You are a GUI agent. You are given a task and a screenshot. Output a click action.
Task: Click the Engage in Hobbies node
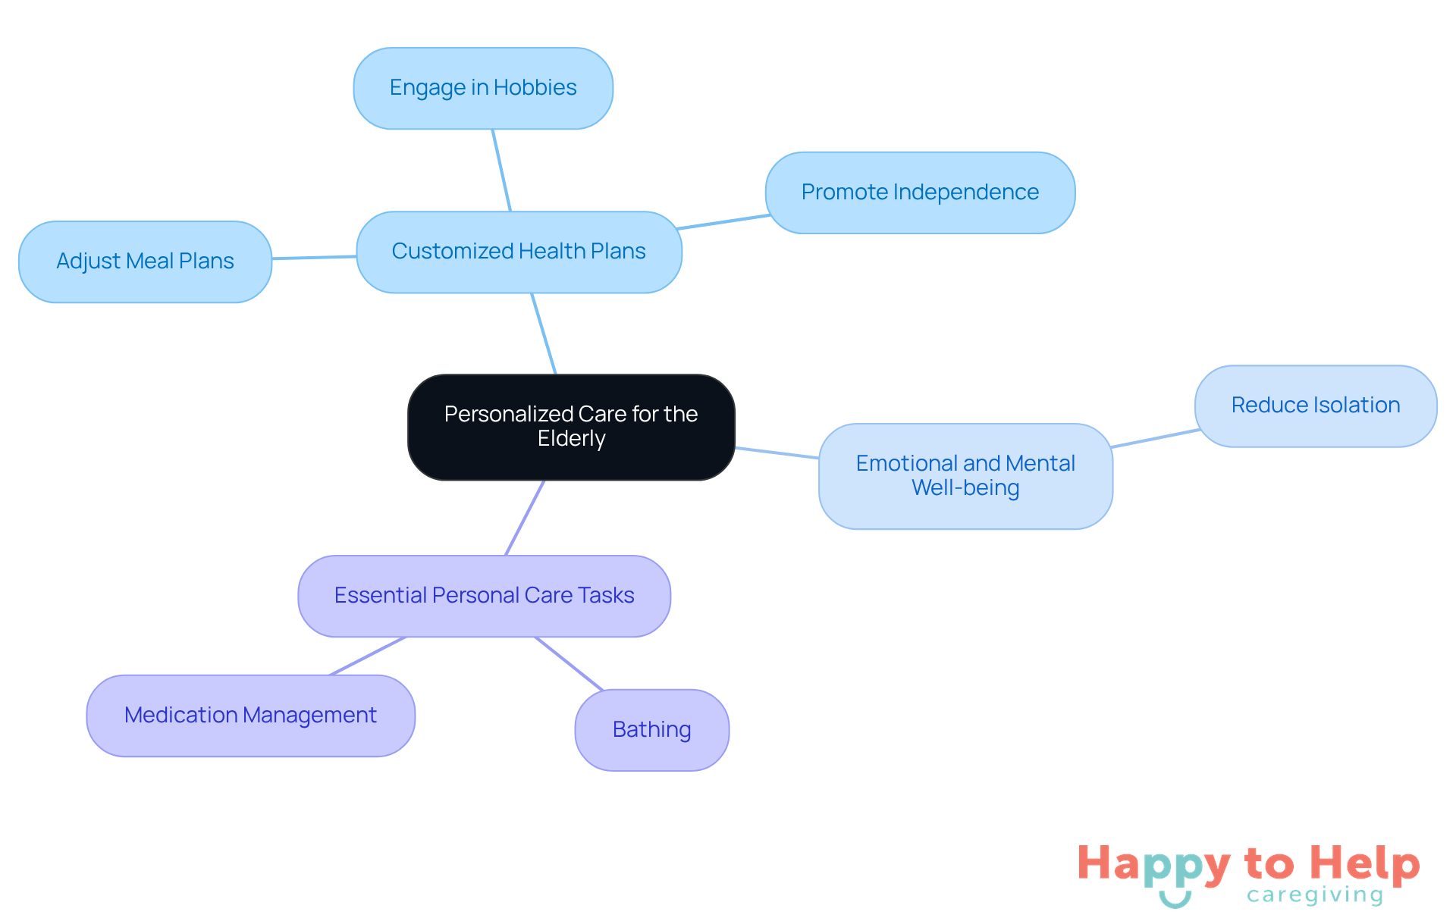click(x=483, y=88)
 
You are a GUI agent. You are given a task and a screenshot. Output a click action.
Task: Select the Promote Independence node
click(x=920, y=193)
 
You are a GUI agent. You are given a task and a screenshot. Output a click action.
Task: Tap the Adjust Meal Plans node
click(x=145, y=262)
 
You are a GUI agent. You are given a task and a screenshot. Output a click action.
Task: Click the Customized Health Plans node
click(x=519, y=252)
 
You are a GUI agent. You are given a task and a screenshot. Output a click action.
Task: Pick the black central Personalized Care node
click(x=571, y=427)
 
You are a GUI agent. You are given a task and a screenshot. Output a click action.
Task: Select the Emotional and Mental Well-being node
click(x=965, y=476)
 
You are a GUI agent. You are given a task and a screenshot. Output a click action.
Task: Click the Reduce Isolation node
click(x=1315, y=406)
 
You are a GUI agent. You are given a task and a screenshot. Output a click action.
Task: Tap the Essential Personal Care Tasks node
click(x=484, y=596)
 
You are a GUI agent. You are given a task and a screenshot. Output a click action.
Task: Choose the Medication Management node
click(x=250, y=716)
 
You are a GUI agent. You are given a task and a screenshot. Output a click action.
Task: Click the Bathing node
click(x=651, y=730)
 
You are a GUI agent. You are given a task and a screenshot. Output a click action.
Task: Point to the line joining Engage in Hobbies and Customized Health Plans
click(x=501, y=170)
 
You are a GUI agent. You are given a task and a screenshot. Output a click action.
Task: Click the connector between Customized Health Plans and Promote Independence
click(x=723, y=222)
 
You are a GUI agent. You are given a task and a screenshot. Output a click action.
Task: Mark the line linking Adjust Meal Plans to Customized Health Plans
click(x=314, y=258)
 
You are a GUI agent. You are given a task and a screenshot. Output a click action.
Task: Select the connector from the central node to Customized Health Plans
click(x=544, y=334)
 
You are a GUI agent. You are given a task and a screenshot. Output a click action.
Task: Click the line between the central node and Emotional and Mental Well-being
click(x=777, y=453)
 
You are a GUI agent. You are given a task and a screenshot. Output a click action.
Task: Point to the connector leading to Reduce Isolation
click(x=1154, y=438)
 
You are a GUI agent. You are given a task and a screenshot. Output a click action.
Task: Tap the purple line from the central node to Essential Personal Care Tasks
click(x=525, y=518)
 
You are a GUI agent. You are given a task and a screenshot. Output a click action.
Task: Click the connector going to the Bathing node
click(x=569, y=663)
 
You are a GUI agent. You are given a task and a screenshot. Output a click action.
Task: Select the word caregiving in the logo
click(x=1315, y=895)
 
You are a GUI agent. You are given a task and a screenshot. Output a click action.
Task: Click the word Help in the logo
click(x=1364, y=863)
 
